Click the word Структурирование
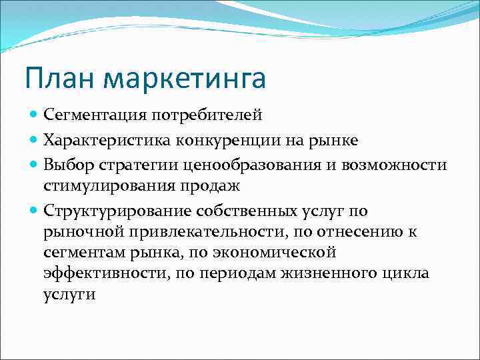coord(117,211)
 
